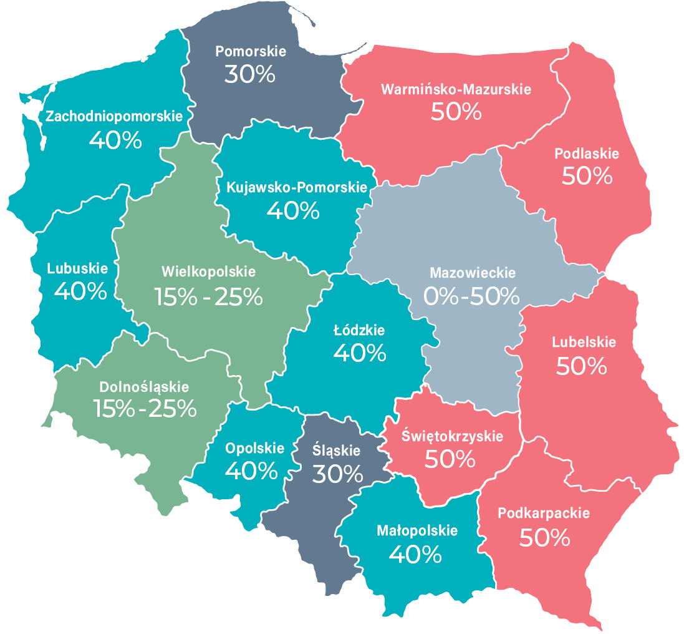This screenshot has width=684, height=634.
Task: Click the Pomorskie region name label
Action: [x=251, y=51]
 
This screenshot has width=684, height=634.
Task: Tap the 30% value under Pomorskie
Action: [x=249, y=74]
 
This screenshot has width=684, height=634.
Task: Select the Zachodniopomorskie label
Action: [x=114, y=116]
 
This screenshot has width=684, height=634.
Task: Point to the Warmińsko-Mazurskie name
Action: [x=456, y=89]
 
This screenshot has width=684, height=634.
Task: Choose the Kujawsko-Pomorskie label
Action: [x=292, y=187]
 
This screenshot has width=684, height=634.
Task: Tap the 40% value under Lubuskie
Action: [x=80, y=291]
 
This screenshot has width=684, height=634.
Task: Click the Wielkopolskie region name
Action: [x=208, y=272]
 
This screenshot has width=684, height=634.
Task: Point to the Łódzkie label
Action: [x=360, y=330]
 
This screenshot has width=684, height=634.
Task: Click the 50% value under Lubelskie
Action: [x=581, y=366]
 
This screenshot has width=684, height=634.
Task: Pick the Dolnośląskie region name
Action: [x=144, y=388]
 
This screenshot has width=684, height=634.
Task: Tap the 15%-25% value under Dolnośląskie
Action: [x=145, y=409]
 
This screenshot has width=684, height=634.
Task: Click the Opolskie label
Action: [x=254, y=448]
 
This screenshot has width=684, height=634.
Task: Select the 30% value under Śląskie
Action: [x=337, y=474]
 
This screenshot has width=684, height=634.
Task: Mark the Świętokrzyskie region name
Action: [x=452, y=436]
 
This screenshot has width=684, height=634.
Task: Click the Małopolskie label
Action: [x=417, y=530]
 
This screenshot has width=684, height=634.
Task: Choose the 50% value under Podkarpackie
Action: [x=544, y=537]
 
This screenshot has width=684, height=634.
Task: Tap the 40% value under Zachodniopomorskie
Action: [x=115, y=140]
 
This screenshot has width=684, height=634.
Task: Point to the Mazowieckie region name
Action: [x=473, y=273]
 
